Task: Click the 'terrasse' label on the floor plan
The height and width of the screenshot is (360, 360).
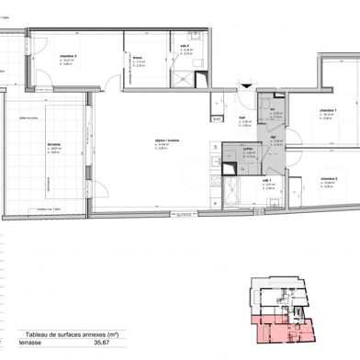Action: (53, 144)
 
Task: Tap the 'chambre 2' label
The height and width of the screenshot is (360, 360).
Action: (328, 178)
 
